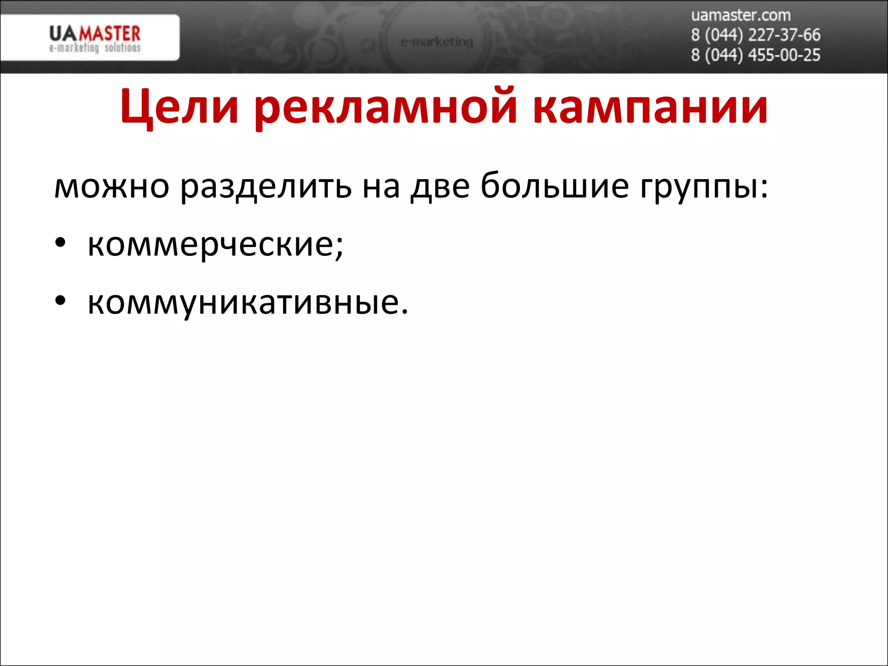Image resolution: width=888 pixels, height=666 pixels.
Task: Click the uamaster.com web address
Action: click(x=741, y=15)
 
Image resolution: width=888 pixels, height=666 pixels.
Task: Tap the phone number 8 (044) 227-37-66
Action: click(x=755, y=35)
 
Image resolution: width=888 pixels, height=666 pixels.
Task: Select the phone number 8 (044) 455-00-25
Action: click(x=755, y=55)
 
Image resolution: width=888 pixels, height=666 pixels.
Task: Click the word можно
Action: click(x=111, y=186)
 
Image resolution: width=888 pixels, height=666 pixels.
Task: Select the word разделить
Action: click(x=266, y=186)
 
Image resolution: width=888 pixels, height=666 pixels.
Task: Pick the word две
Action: click(x=440, y=186)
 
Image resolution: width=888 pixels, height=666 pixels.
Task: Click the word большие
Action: click(x=555, y=186)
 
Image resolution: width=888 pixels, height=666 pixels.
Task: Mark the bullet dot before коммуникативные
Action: click(x=60, y=300)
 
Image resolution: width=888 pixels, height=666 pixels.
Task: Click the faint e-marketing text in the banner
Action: click(x=437, y=42)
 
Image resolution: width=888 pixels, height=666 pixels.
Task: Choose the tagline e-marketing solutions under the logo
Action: click(x=95, y=48)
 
